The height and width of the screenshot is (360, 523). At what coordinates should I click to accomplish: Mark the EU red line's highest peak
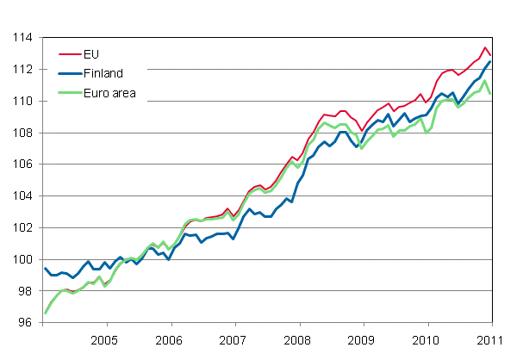486,47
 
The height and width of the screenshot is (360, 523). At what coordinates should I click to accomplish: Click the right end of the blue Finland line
491,61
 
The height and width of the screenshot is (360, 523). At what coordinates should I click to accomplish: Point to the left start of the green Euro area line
45,313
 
